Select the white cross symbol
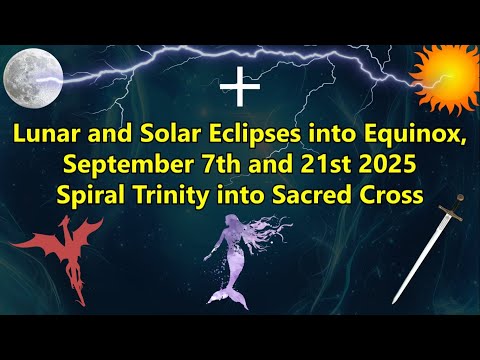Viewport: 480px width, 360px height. [239, 88]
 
